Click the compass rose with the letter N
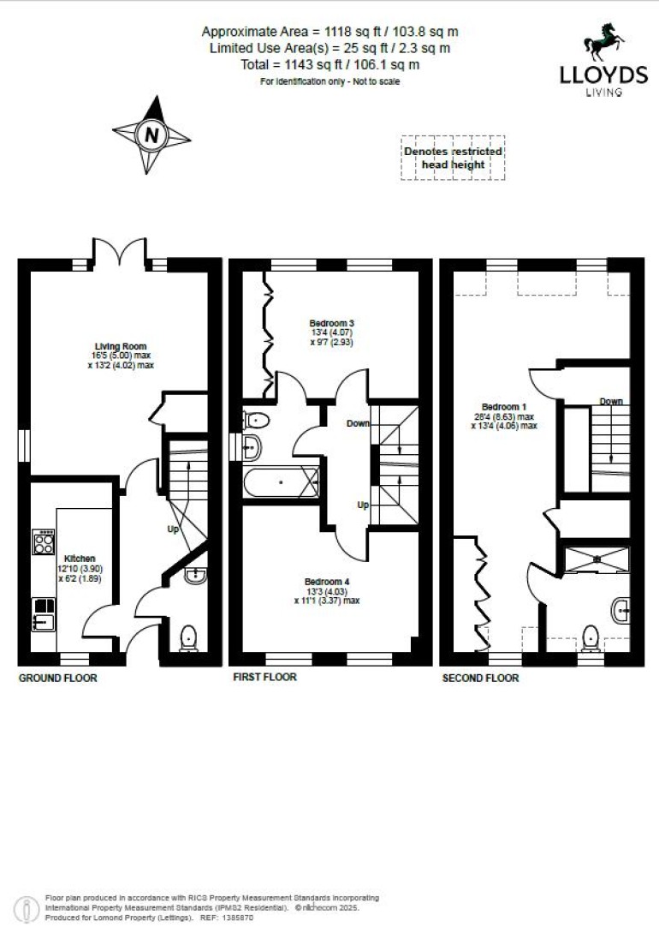[151, 135]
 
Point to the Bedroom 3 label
[331, 323]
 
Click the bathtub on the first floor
[281, 482]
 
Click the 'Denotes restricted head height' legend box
[453, 158]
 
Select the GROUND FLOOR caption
[58, 678]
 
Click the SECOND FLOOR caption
[480, 678]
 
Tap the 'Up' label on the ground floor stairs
[173, 529]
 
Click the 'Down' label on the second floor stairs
[610, 401]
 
